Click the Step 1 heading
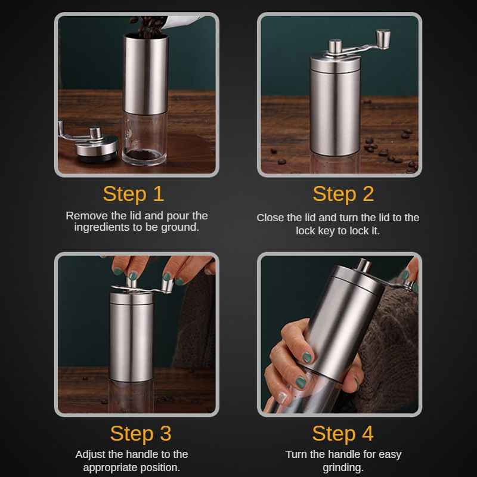pos(133,194)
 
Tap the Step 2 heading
pos(343,194)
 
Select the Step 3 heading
pos(140,433)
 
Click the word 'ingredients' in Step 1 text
pos(98,228)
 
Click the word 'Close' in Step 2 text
pos(270,218)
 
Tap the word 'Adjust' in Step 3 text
pos(90,454)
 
